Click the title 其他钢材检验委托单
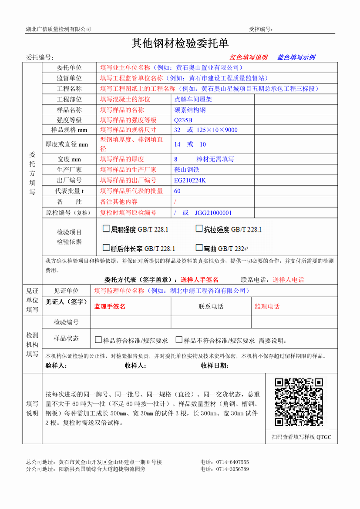[x=180, y=44]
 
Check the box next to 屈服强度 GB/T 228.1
[x=106, y=228]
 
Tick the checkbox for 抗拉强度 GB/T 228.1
[x=199, y=228]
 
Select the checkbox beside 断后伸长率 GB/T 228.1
[x=106, y=248]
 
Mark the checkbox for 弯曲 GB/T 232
[x=199, y=248]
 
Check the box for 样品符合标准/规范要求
[x=98, y=340]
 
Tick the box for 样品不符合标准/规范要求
[x=178, y=340]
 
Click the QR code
[x=299, y=402]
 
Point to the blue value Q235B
[x=183, y=120]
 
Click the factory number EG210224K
[x=190, y=180]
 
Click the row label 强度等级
[x=69, y=120]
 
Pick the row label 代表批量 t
[x=69, y=191]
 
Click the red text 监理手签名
[x=110, y=307]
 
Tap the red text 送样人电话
[x=288, y=280]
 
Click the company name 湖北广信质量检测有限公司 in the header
[x=58, y=29]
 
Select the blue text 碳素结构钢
[x=190, y=110]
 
